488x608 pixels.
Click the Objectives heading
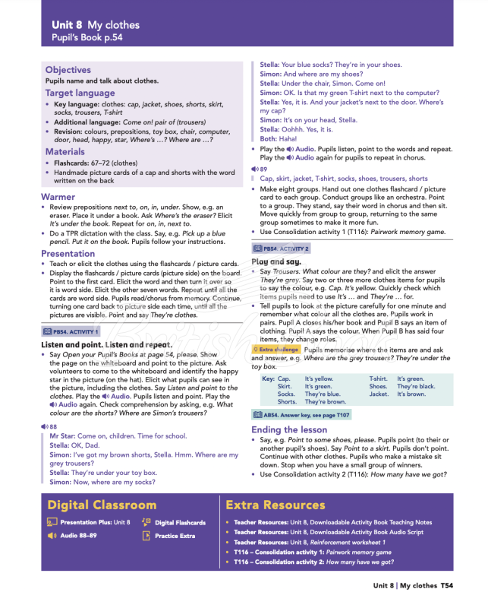68,70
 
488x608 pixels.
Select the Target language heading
80,93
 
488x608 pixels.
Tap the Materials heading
65,152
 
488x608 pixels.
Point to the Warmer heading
58,197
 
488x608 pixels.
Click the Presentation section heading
68,254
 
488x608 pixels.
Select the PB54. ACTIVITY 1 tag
71,331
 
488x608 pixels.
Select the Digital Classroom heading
102,505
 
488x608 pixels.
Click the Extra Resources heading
275,505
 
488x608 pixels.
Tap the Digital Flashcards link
180,523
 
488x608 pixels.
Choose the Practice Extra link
175,536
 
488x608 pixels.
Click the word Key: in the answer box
268,378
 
